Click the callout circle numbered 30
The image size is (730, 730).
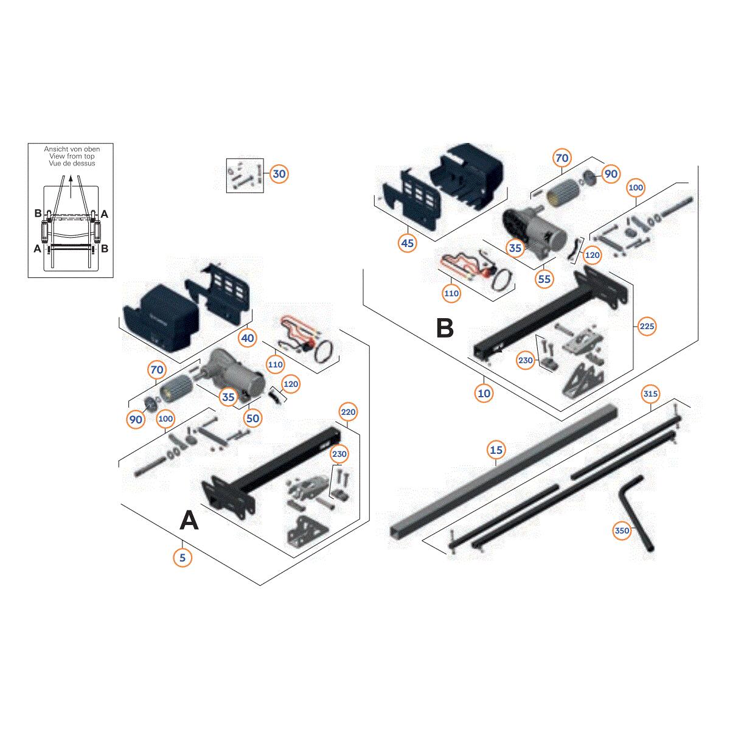tap(279, 174)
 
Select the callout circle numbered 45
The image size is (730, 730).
tap(407, 243)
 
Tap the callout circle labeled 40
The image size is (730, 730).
tap(248, 338)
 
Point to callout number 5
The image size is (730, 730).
tap(182, 558)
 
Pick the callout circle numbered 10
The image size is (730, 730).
tap(484, 393)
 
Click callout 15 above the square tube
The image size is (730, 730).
tap(496, 450)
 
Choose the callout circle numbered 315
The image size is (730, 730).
tap(650, 394)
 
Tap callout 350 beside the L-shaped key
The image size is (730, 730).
tap(622, 530)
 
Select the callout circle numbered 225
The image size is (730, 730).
tap(647, 326)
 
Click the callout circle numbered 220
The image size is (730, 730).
tap(348, 412)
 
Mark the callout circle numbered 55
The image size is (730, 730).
tap(544, 279)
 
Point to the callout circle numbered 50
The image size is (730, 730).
tap(252, 418)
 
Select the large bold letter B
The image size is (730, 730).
tap(445, 328)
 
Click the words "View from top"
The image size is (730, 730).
tap(72, 156)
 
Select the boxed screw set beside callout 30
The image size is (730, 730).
tap(245, 175)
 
